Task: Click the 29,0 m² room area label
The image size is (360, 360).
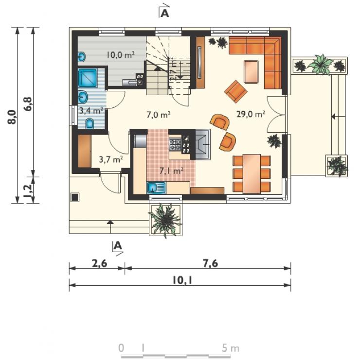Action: pos(251,114)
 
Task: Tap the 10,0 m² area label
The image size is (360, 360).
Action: pos(120,55)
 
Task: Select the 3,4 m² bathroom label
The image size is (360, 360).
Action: pos(91,111)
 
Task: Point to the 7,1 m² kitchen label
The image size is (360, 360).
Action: pos(171,171)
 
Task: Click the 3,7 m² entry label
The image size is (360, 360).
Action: pos(111,159)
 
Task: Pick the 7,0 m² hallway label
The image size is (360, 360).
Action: pos(159,115)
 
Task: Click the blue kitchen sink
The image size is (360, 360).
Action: pos(156,188)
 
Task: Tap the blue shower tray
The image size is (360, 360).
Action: pos(88,78)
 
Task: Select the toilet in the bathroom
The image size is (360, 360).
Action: pos(90,124)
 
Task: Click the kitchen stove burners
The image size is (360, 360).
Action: pos(175,145)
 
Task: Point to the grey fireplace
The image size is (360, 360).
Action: pos(202,144)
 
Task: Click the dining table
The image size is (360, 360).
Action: pos(252,174)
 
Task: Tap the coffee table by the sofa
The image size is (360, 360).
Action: pos(251,71)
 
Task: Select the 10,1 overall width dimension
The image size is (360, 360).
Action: pos(182,280)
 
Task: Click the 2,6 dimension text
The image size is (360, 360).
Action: pos(100,263)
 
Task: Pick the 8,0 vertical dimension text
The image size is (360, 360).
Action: pos(12,117)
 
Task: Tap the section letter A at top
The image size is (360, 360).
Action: pos(165,14)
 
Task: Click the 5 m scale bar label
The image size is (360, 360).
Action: pos(231,348)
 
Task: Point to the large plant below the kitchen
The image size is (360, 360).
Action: pos(165,220)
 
